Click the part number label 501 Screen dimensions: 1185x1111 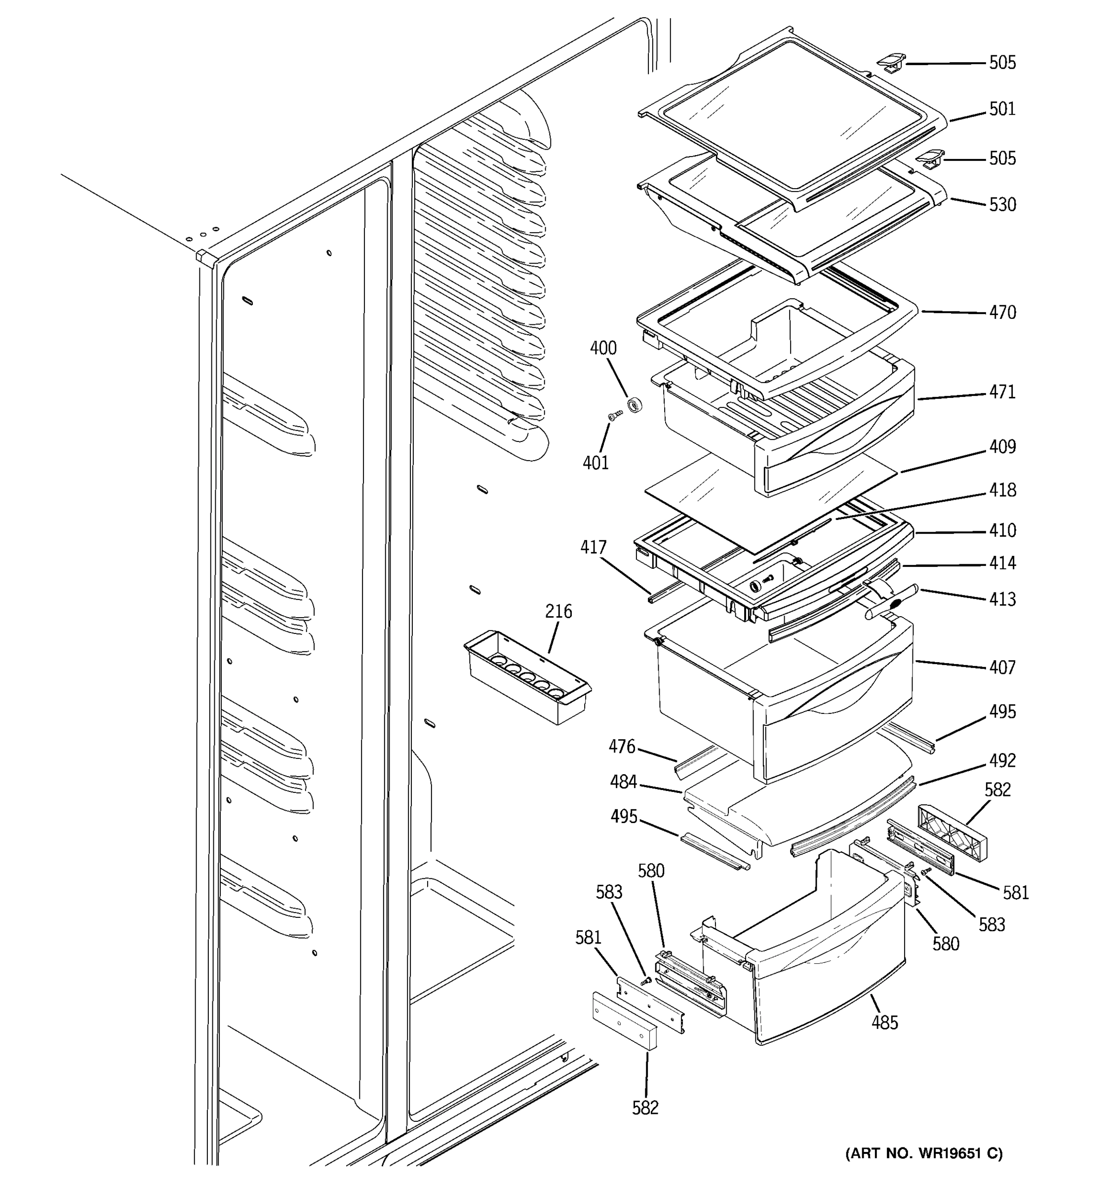point(1002,109)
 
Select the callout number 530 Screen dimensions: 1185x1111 point(1002,205)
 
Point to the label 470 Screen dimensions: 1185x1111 point(1002,313)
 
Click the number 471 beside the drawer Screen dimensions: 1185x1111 point(1002,392)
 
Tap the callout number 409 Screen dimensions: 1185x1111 point(1002,446)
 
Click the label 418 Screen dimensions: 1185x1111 point(1002,490)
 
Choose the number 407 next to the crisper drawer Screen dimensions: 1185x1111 point(1002,667)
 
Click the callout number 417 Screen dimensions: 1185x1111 point(593,547)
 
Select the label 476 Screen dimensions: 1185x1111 point(622,746)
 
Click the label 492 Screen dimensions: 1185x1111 point(1002,760)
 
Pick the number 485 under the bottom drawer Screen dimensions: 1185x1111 point(884,1023)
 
